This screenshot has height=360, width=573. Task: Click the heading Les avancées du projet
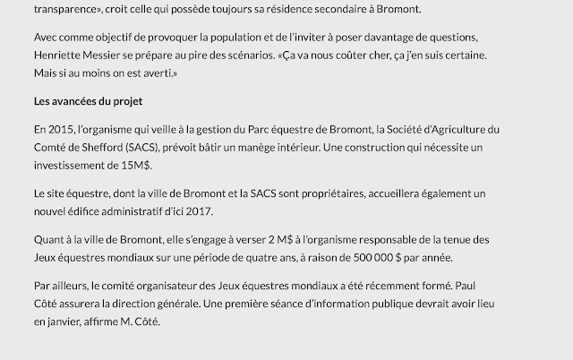(x=88, y=100)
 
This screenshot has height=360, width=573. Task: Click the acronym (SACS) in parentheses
(x=143, y=146)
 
